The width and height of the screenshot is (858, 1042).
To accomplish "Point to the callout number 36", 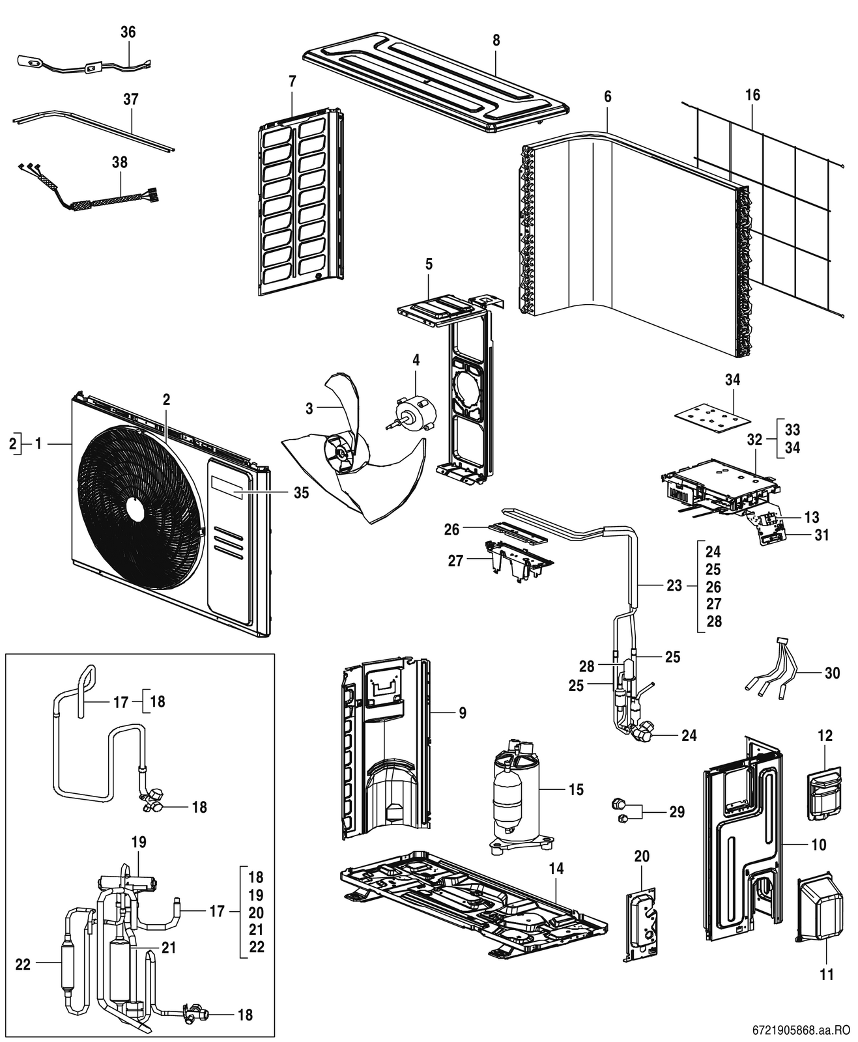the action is pos(128,32).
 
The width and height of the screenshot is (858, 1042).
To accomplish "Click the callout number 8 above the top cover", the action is pos(496,40).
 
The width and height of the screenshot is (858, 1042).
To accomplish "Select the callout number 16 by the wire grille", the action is pos(752,95).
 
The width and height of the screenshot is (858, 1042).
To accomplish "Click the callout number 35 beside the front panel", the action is pos(301,492).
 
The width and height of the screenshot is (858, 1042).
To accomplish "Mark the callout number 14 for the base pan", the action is pos(556,868).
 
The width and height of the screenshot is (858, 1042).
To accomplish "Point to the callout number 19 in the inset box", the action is pos(139,842).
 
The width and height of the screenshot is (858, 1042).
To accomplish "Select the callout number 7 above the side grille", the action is pos(292,81).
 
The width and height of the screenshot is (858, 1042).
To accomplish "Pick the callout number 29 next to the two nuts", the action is pos(677,811).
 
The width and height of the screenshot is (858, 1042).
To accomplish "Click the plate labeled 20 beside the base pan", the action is pos(641,924).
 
